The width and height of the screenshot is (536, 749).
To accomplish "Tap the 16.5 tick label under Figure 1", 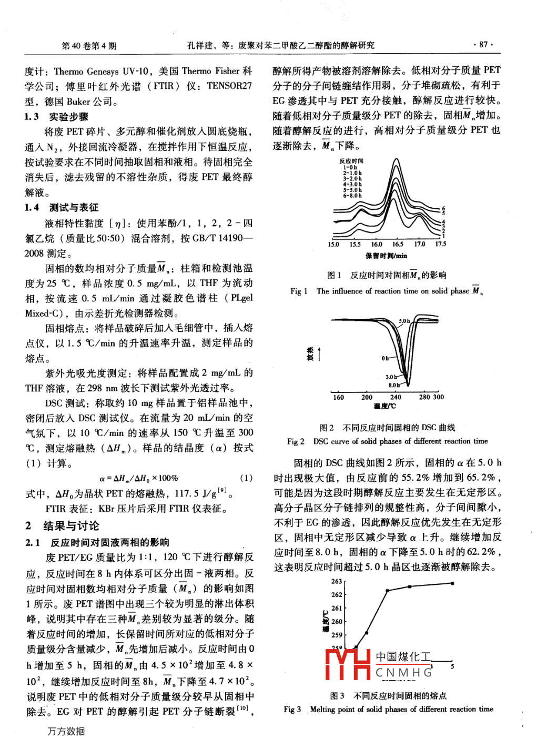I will point(398,244).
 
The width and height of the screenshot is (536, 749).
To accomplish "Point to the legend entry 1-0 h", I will point(350,167).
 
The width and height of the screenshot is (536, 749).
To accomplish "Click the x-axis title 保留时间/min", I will point(386,256).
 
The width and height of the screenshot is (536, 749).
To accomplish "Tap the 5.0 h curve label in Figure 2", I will point(404,321).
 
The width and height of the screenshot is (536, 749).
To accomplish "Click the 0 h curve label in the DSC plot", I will point(385,359).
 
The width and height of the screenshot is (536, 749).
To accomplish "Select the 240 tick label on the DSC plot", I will point(396,397).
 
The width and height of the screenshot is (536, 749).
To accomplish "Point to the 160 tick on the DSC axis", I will point(338,397).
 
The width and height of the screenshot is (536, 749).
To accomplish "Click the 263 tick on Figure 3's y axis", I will point(337,581).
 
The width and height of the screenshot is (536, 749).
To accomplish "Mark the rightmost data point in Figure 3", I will point(452,583).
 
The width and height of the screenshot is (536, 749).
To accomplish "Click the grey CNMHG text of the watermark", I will point(404,672).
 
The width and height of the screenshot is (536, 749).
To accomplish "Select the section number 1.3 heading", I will point(32,117).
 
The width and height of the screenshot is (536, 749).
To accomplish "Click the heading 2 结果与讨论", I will point(63,525).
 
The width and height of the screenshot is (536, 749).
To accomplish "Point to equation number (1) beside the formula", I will point(246,478).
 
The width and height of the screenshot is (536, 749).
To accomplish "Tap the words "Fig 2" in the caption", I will point(296,441).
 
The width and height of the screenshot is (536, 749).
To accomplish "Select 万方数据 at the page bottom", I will point(66,731).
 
